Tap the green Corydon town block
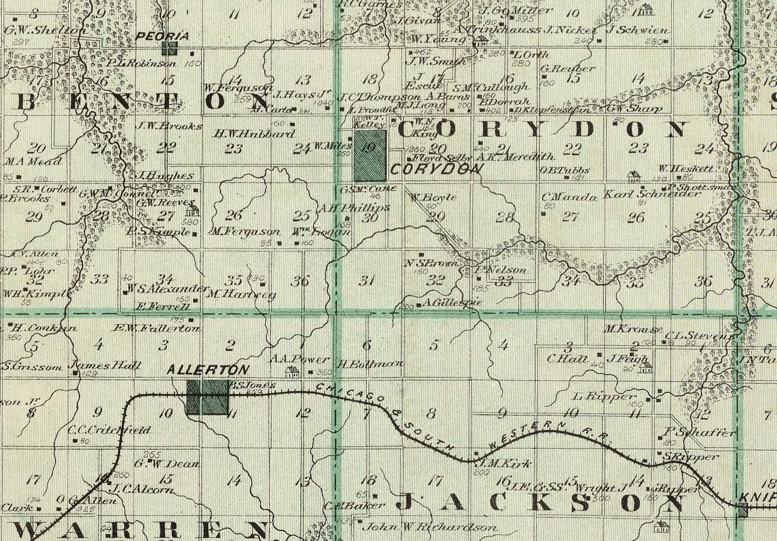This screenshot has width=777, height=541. point(370,155)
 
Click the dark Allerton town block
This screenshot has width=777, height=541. point(207,398)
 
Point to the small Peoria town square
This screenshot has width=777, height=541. point(169,48)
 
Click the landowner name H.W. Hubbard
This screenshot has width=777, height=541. point(254,134)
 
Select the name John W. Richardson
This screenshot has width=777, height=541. point(429,528)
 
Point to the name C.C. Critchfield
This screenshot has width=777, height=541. point(109,430)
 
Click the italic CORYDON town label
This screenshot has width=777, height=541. point(436,169)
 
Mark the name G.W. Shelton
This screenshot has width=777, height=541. point(44,31)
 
